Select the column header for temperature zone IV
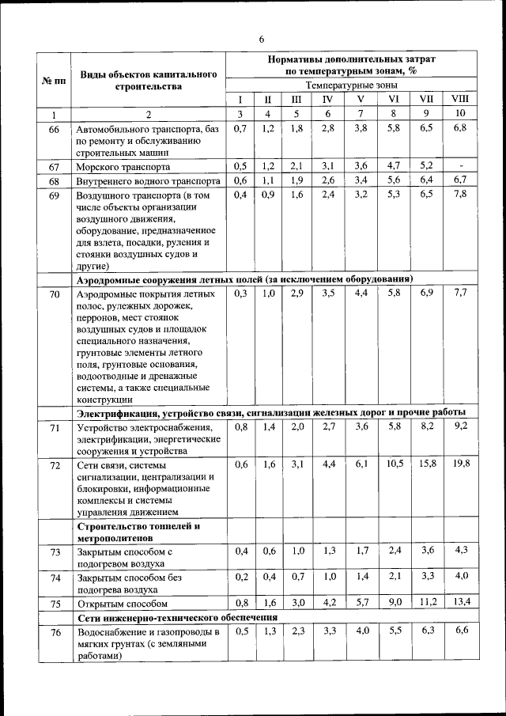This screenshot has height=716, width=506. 327,99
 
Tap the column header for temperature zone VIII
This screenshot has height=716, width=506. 459,99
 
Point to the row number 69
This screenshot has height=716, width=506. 54,195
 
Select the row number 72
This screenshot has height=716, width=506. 54,464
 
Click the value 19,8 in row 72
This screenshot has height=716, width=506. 460,464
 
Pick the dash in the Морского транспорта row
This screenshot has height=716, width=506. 460,166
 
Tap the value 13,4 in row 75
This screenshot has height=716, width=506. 460,601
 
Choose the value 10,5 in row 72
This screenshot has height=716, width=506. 395,464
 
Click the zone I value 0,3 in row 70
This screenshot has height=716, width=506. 240,294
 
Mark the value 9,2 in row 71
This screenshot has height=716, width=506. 460,426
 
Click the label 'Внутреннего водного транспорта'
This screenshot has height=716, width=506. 145,181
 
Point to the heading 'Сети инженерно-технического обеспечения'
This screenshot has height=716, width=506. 176,616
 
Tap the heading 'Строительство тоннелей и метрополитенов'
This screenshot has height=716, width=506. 138,532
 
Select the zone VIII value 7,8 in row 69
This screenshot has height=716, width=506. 460,195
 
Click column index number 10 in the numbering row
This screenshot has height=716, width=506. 459,114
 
